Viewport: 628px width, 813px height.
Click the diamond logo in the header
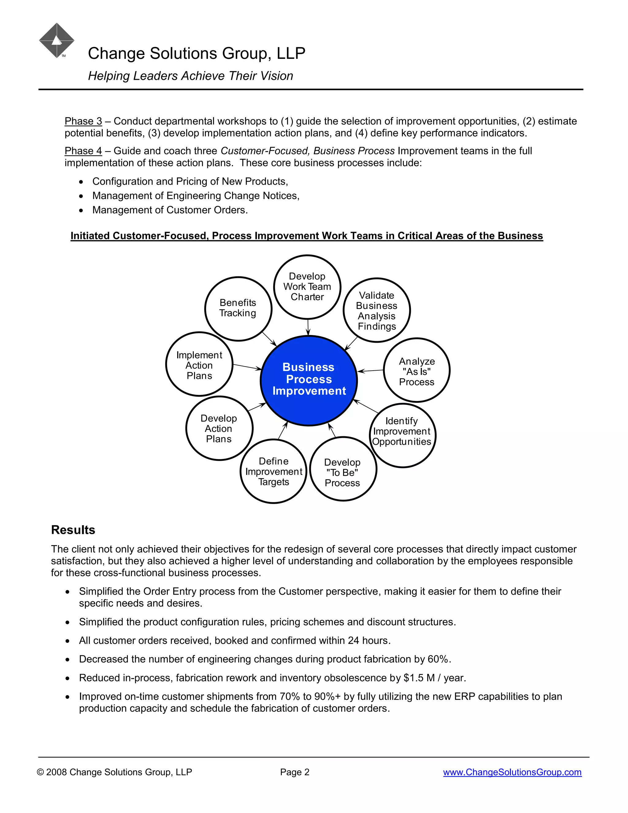pos(56,40)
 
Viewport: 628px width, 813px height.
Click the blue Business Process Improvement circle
pos(309,380)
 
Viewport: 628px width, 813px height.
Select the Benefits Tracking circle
pos(238,308)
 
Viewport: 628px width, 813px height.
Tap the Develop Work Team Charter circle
pos(307,287)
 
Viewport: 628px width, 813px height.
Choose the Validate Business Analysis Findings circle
pos(377,310)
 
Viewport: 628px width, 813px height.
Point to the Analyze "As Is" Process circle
pos(417,370)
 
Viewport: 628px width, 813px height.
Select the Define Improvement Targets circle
pos(274,471)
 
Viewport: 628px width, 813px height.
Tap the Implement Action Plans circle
pos(199,364)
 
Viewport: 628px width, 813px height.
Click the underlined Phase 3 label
pos(83,121)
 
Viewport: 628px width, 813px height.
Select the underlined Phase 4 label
pos(83,151)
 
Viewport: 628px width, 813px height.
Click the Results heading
pos(73,530)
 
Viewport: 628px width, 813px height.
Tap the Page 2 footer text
pos(295,772)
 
